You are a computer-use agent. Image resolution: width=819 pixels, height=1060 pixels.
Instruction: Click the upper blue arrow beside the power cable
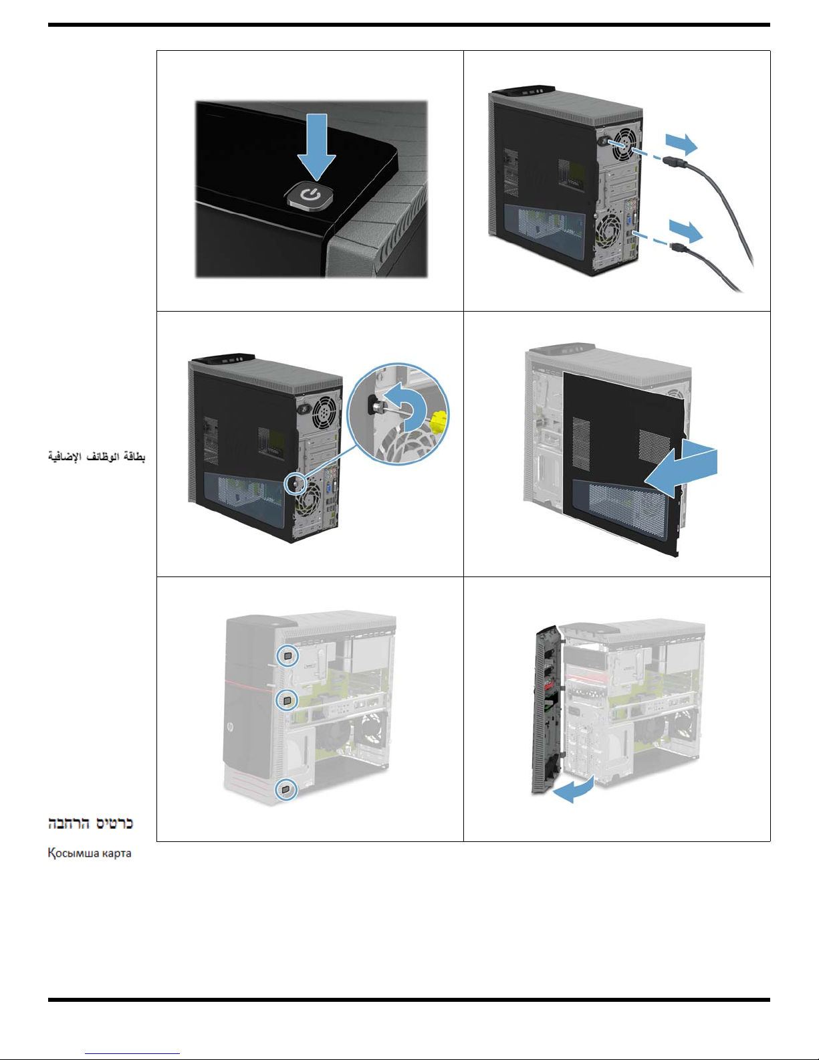681,144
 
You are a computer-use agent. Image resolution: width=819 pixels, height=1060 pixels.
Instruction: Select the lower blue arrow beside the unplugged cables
686,231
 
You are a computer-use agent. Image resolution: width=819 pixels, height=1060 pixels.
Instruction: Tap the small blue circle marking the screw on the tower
295,484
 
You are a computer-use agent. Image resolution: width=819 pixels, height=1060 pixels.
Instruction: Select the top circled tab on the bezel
287,655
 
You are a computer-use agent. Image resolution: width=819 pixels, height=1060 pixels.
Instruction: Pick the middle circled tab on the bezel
287,700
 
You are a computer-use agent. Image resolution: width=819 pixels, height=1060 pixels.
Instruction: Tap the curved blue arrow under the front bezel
574,790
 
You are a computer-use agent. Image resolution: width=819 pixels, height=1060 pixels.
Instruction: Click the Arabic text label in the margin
96,457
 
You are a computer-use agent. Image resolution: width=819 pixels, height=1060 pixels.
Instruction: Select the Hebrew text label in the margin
91,823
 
